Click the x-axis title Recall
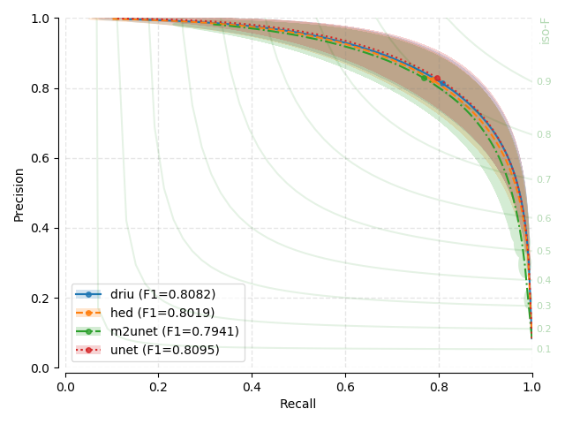298,404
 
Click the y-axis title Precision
19,193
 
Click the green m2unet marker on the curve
424,78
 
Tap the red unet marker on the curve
437,78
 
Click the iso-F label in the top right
546,31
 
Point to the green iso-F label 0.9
544,82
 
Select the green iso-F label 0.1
544,350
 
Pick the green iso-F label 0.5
544,252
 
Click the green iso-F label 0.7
544,180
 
